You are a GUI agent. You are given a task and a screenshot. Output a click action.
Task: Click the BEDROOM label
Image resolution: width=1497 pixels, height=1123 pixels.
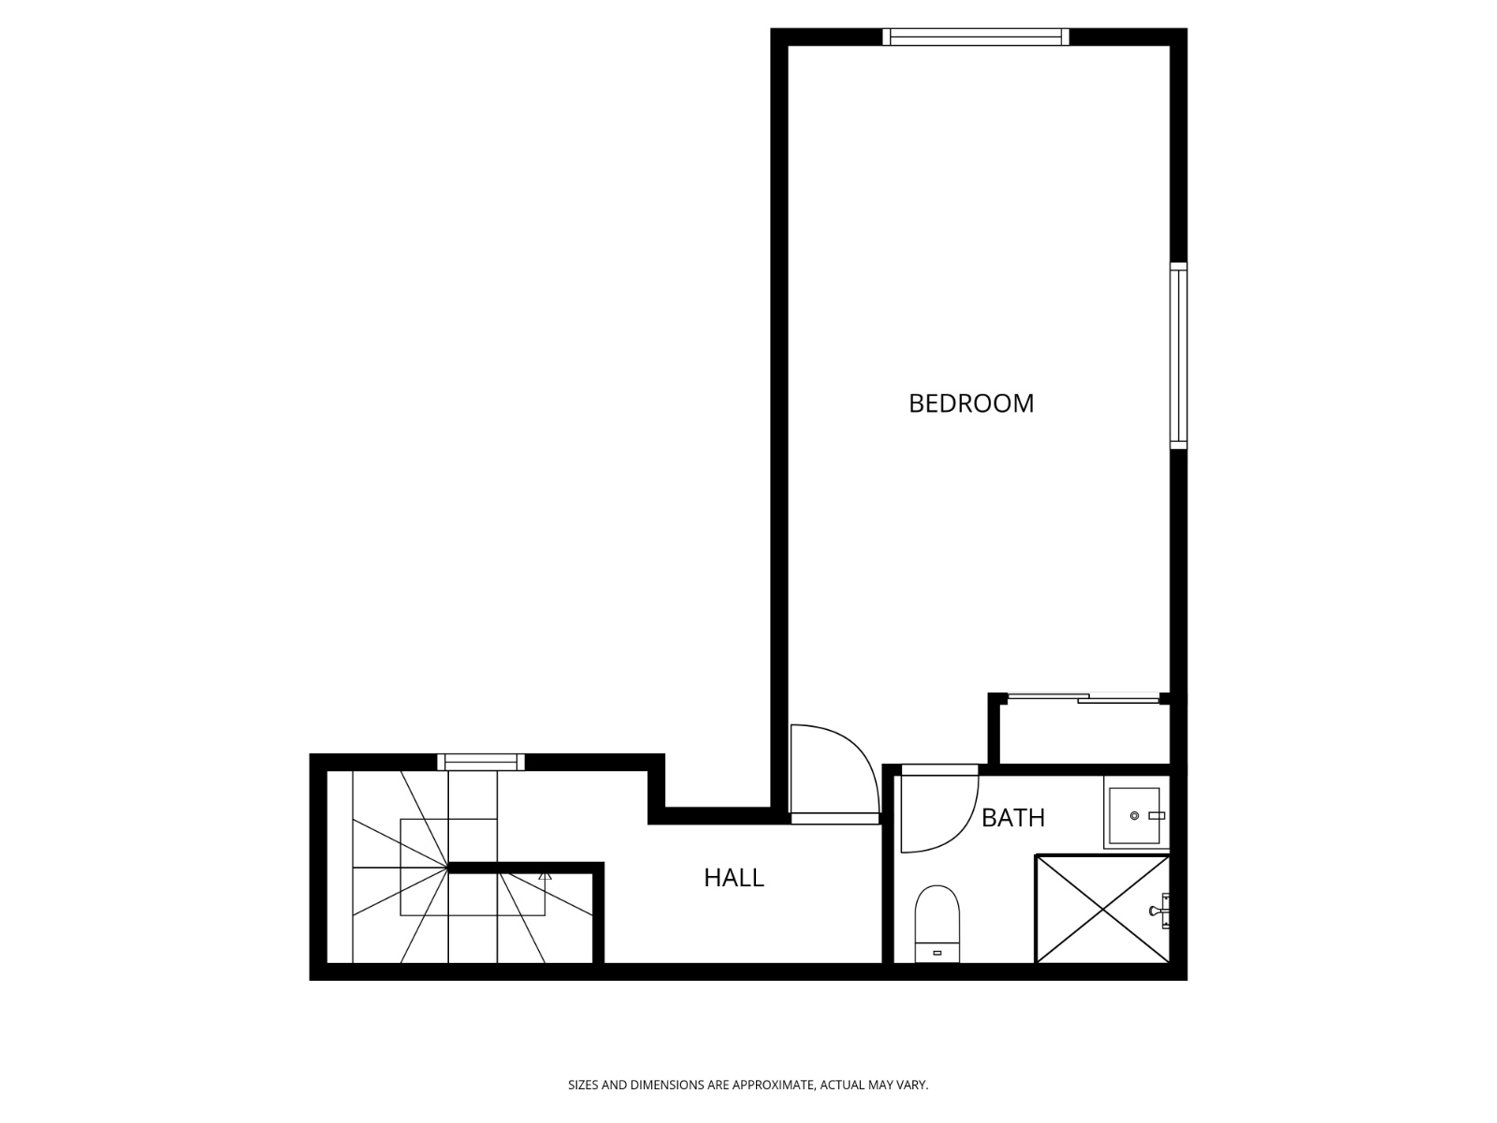971,403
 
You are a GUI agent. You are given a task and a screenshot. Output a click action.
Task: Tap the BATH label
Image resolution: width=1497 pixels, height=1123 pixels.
1012,818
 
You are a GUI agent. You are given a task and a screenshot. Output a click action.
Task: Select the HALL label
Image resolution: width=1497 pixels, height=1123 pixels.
734,878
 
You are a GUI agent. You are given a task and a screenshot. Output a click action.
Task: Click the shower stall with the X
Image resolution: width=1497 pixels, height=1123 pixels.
1102,908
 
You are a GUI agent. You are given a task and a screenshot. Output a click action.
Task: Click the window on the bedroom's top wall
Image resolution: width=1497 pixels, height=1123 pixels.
975,36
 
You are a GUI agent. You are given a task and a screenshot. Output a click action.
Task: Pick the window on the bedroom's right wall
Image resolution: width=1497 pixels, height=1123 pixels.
1179,356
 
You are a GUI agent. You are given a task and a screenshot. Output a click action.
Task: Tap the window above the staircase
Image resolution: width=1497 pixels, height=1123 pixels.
481,762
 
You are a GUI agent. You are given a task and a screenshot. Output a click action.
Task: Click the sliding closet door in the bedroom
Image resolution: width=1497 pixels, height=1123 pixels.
1083,698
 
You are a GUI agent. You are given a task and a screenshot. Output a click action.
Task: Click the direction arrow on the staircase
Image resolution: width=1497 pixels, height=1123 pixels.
545,876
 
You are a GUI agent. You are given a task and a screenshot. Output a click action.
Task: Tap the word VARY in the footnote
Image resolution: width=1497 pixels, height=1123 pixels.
913,1086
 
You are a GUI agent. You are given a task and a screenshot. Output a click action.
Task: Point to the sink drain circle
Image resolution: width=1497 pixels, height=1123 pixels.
1134,816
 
